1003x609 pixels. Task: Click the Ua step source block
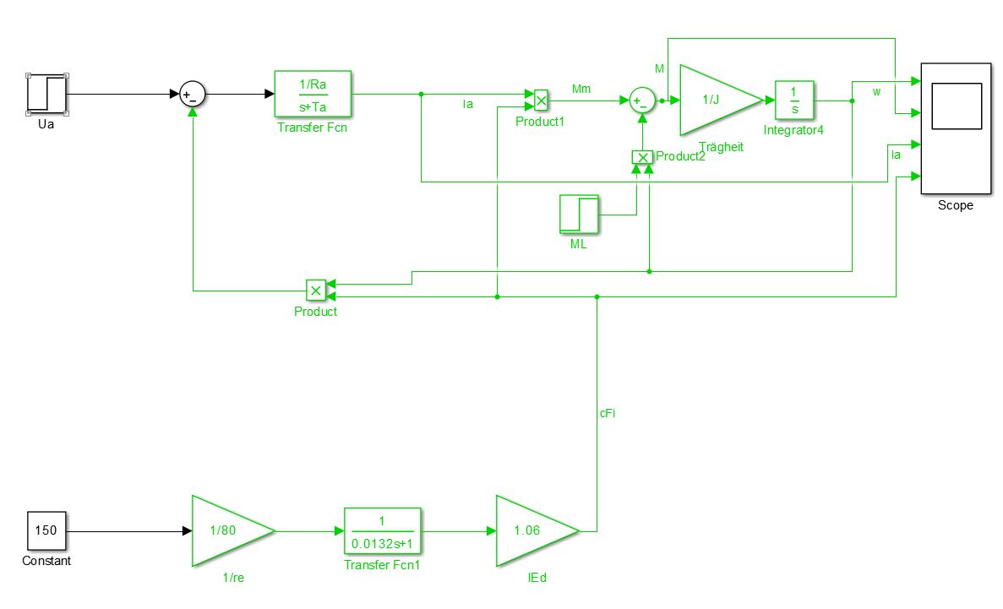[x=47, y=94]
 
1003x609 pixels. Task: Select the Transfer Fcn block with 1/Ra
[x=313, y=94]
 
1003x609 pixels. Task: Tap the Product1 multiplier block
[x=542, y=101]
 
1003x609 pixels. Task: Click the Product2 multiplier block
[x=642, y=157]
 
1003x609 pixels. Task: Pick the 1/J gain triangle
[x=714, y=100]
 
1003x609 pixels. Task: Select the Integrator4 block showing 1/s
[x=793, y=101]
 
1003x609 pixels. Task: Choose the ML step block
[x=579, y=215]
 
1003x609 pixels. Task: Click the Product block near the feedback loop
[x=315, y=291]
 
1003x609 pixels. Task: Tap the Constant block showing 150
[x=46, y=531]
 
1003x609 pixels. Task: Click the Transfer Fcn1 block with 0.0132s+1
[x=382, y=531]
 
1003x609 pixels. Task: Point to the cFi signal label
[x=608, y=413]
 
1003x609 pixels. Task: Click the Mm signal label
[x=581, y=88]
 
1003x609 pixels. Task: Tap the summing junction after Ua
[x=193, y=95]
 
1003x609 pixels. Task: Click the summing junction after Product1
[x=641, y=101]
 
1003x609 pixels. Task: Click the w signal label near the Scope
[x=876, y=91]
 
